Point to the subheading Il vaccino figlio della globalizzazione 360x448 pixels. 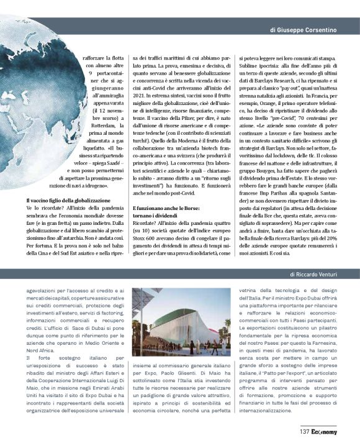pos(67,200)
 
